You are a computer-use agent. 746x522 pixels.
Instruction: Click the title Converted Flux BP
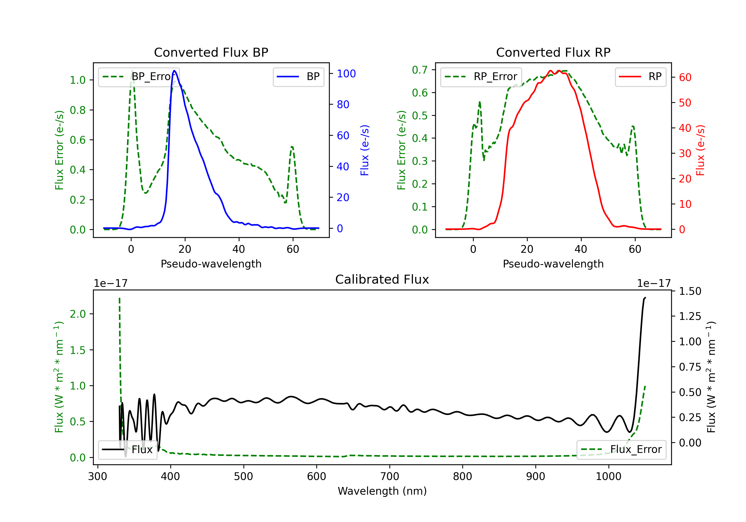(211, 52)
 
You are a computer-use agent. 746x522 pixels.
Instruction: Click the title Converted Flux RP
(553, 52)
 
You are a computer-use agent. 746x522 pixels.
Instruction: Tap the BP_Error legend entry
(139, 77)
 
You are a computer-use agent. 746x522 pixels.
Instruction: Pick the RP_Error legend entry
(481, 77)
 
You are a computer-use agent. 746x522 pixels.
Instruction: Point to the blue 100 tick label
(346, 74)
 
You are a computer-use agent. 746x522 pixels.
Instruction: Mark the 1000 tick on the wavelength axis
(608, 476)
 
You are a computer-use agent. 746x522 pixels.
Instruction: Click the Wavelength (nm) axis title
(382, 491)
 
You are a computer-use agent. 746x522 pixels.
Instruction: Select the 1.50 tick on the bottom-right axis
(690, 291)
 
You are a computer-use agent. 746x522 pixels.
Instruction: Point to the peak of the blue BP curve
(175, 71)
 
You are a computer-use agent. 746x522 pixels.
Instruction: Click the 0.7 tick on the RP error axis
(419, 70)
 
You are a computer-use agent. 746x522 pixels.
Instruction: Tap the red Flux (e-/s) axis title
(700, 150)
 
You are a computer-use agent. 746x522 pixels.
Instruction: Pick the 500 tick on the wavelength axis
(243, 476)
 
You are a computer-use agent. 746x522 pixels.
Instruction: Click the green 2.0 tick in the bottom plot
(78, 314)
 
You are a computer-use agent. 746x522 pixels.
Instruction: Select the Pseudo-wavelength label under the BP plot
(211, 264)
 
